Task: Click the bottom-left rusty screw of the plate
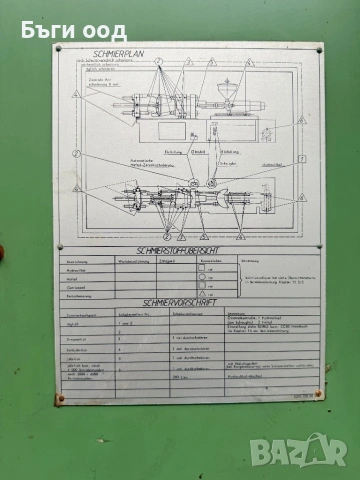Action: tap(60, 397)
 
